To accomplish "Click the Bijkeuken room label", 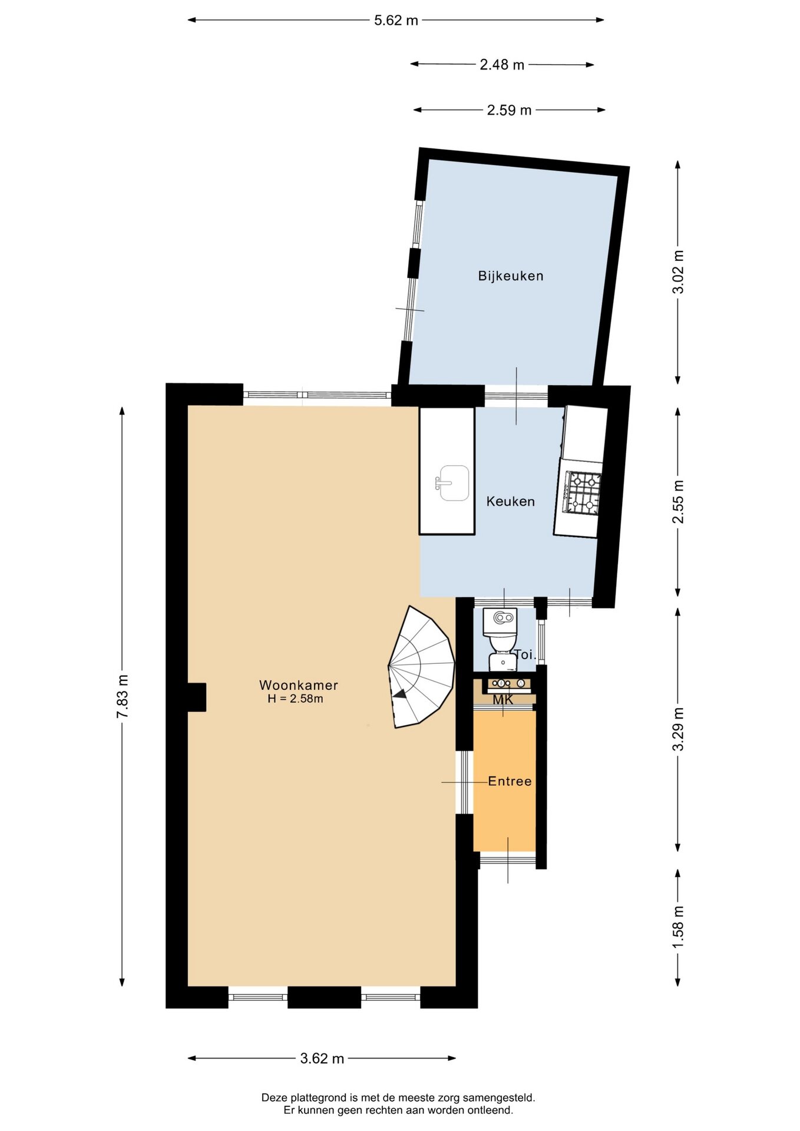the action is tap(511, 276).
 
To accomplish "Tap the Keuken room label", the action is tap(511, 501).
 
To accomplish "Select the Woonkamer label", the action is tap(299, 685).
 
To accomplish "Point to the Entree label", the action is tap(510, 781).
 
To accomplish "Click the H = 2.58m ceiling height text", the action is tap(295, 699).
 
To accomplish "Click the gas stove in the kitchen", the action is tap(582, 492).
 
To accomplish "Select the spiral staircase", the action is tap(421, 667).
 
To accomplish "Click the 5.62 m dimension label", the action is tap(396, 21).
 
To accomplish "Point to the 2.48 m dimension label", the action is tap(502, 65).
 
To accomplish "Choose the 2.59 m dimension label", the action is tap(509, 110).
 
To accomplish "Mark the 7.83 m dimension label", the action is tap(123, 696).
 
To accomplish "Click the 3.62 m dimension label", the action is tap(322, 1059).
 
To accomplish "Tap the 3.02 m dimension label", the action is tap(679, 272).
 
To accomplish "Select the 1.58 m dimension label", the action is tap(679, 927).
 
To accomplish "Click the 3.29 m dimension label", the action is tap(679, 729).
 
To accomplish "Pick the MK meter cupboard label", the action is tap(503, 700).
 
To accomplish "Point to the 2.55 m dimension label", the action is tap(679, 502).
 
